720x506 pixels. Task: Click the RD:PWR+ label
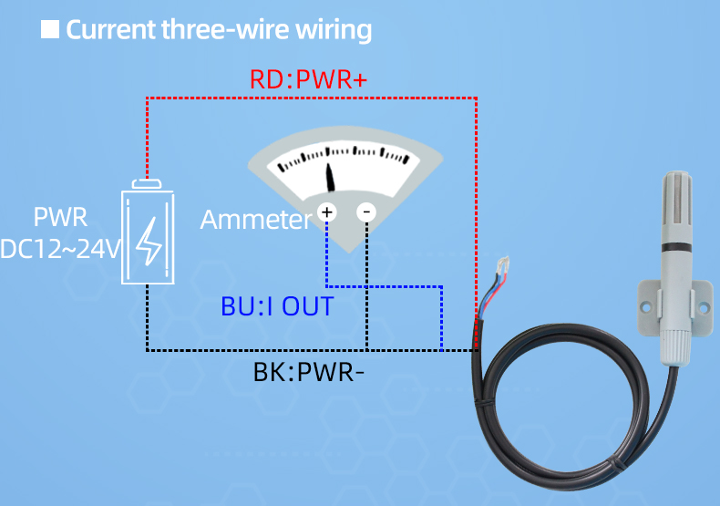tap(308, 80)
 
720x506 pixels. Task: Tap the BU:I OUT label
tap(277, 305)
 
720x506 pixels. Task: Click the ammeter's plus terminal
tap(327, 212)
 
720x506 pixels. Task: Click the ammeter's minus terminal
tap(366, 212)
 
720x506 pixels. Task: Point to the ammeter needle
tap(331, 177)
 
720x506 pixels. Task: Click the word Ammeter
tap(255, 220)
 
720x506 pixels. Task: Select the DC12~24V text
tap(60, 248)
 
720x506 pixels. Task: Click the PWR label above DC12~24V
tap(60, 218)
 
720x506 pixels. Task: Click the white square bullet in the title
tap(50, 29)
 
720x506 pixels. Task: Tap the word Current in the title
tap(110, 29)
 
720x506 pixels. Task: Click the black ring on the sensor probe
tap(674, 246)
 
